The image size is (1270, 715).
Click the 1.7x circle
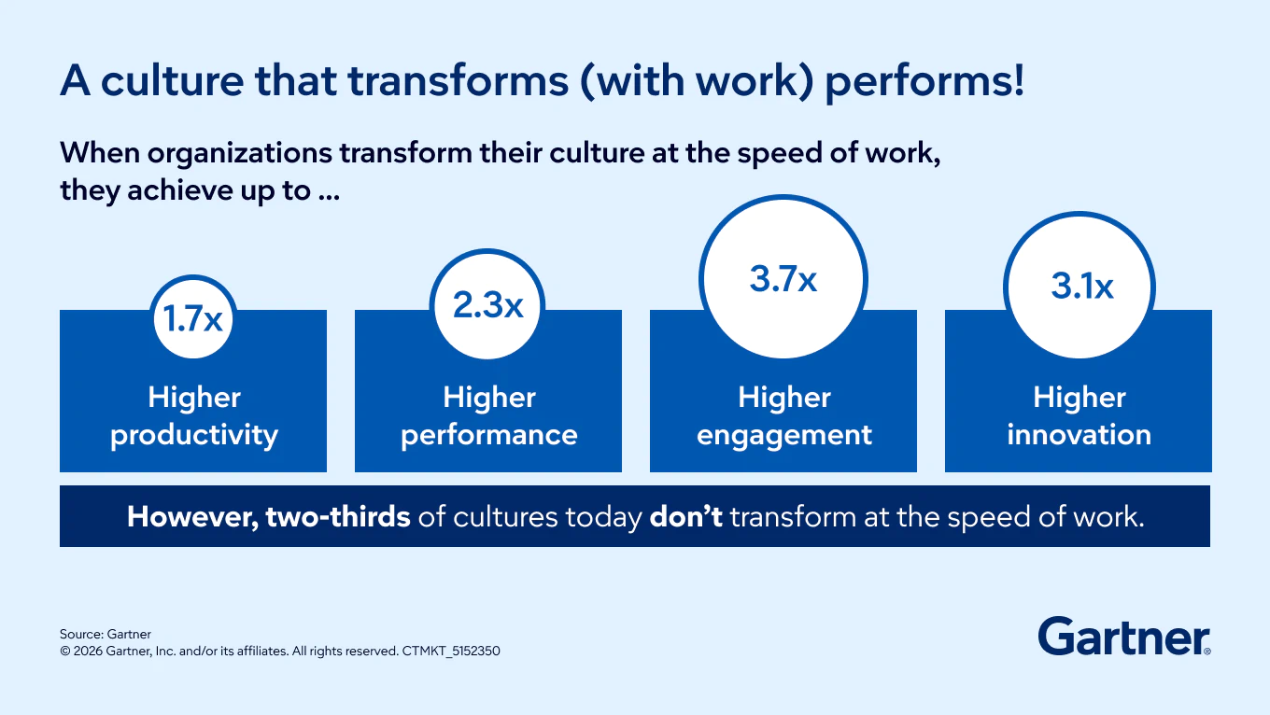193,317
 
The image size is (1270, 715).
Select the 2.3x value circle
487,305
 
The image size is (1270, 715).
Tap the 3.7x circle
783,277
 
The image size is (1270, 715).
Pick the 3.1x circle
1079,287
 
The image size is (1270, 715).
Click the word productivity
194,436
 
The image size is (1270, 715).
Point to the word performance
488,436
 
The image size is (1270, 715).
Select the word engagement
784,436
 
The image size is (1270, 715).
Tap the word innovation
1079,435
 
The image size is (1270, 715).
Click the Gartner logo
1124,637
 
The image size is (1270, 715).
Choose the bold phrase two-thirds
338,517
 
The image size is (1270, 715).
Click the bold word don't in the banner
686,517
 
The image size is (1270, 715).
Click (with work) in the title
697,81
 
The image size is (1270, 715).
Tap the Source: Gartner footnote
106,634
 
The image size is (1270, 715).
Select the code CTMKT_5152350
451,651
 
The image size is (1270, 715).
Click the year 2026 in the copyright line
88,651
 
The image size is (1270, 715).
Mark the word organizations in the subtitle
240,153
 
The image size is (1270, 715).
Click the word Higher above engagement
784,397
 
